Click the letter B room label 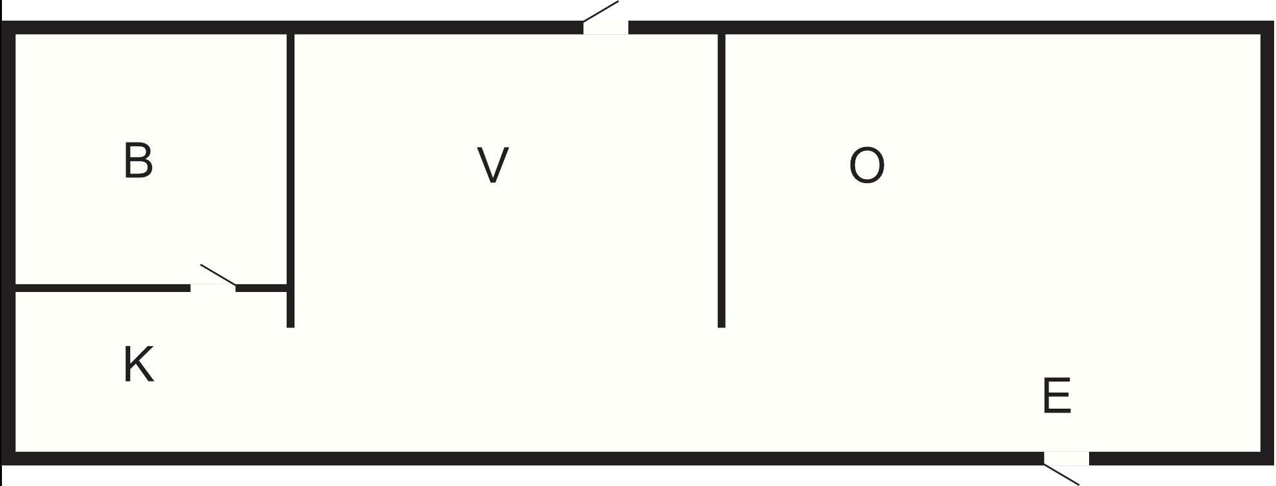tap(138, 161)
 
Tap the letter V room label tap(493, 165)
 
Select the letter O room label tap(866, 166)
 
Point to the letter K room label tap(138, 364)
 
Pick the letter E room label tap(1056, 396)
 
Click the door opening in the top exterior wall tap(606, 28)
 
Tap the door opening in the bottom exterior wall tap(1067, 458)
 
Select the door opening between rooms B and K tap(213, 287)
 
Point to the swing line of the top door tap(601, 11)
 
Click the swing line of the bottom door tap(1061, 474)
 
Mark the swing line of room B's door tap(218, 274)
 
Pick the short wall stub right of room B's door tap(261, 287)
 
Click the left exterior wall tap(8, 245)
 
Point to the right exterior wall tap(1267, 245)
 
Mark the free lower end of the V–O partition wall tap(721, 324)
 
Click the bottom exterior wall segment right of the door tap(1179, 458)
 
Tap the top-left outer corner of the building tap(3, 23)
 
